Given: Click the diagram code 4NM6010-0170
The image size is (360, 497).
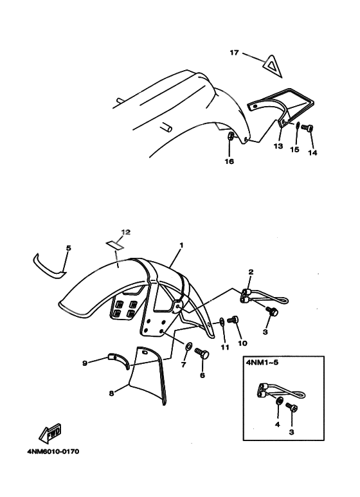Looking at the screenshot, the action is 53,451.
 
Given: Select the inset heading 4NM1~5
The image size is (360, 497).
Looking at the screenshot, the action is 262,362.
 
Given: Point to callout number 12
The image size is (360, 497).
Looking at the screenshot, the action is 125,232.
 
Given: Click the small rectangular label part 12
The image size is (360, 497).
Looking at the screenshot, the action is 114,245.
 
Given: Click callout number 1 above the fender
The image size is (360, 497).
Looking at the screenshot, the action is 181,246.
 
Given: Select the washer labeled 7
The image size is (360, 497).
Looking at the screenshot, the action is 188,346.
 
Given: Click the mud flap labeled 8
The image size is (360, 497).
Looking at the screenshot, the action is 149,375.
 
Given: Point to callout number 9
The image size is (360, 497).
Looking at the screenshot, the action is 85,363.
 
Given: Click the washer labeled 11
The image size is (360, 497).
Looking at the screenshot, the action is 222,323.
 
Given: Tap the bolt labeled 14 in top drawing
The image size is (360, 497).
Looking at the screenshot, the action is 307,129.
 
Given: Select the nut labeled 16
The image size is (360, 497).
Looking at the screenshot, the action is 231,136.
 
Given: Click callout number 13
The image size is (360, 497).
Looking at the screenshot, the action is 278,147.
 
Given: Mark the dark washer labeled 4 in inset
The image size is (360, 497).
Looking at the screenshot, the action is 279,401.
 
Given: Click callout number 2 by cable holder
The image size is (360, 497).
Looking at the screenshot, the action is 251,272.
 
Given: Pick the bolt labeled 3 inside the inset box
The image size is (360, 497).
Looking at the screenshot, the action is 291,407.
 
